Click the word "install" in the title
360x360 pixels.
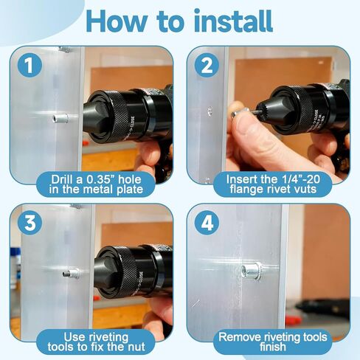pyautogui.click(x=233, y=21)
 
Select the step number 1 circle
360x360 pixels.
pyautogui.click(x=30, y=65)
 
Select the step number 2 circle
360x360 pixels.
pyautogui.click(x=207, y=65)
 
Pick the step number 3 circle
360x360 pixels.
pyautogui.click(x=30, y=222)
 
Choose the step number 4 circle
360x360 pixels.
pyautogui.click(x=207, y=223)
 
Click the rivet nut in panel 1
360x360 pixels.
pyautogui.click(x=60, y=118)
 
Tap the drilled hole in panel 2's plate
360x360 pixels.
pyautogui.click(x=210, y=111)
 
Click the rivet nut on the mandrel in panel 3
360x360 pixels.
pyautogui.click(x=72, y=274)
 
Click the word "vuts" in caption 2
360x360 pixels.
pyautogui.click(x=305, y=189)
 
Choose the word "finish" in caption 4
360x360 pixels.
pyautogui.click(x=272, y=347)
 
